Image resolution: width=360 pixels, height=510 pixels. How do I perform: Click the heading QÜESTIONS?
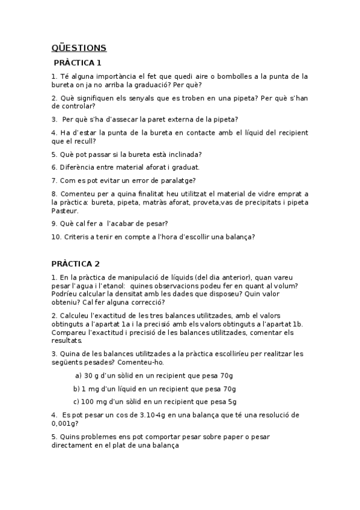[79, 48]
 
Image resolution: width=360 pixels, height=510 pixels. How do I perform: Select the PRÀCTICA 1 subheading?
[78, 63]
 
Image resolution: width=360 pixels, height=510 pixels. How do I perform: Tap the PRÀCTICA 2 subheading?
[76, 263]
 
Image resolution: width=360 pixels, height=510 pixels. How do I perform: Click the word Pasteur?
[66, 211]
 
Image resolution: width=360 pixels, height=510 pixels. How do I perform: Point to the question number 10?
[56, 237]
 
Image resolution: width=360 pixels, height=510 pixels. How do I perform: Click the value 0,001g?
[65, 423]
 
